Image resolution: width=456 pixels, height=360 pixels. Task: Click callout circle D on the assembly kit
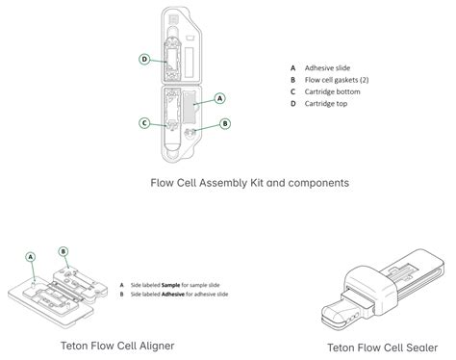pos(143,59)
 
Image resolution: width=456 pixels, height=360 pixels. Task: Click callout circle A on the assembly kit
pos(220,98)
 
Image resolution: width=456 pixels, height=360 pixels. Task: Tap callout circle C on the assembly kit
pos(143,122)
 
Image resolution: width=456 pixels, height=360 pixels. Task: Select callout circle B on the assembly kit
pos(225,123)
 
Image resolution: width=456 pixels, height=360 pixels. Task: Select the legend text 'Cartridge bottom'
pos(333,91)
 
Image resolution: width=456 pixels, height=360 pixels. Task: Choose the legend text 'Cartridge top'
pos(327,103)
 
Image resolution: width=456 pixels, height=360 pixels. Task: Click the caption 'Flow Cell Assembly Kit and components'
pos(249,181)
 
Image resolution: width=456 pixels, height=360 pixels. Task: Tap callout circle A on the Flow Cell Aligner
pos(31,256)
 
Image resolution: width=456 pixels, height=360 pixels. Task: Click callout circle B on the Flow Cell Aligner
pos(64,252)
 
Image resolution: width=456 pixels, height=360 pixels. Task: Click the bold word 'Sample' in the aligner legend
pos(171,285)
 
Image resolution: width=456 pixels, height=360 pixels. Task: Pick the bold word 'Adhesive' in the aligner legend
pos(174,294)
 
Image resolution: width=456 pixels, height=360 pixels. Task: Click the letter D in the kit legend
pos(291,103)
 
